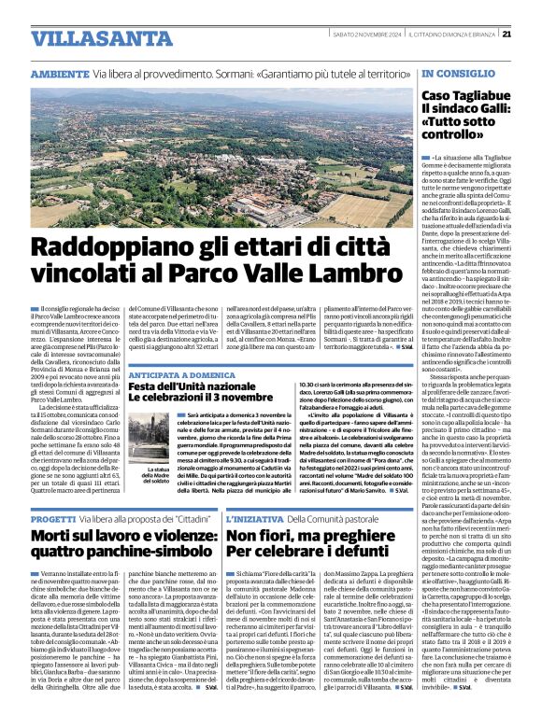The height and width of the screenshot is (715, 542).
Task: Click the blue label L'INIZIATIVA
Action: pyautogui.click(x=252, y=517)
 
